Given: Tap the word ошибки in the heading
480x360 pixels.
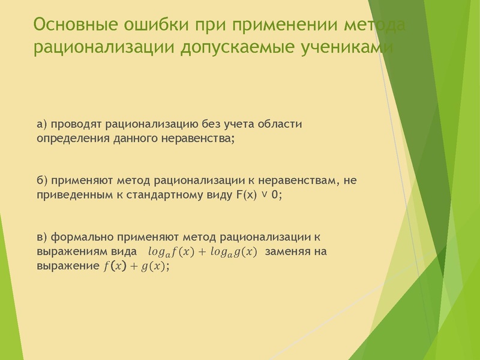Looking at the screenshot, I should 158,26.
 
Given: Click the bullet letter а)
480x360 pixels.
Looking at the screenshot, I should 42,125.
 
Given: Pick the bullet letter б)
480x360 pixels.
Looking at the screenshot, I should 42,181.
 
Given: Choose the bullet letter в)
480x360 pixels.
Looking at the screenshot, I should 42,236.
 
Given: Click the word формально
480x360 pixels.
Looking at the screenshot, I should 84,236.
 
